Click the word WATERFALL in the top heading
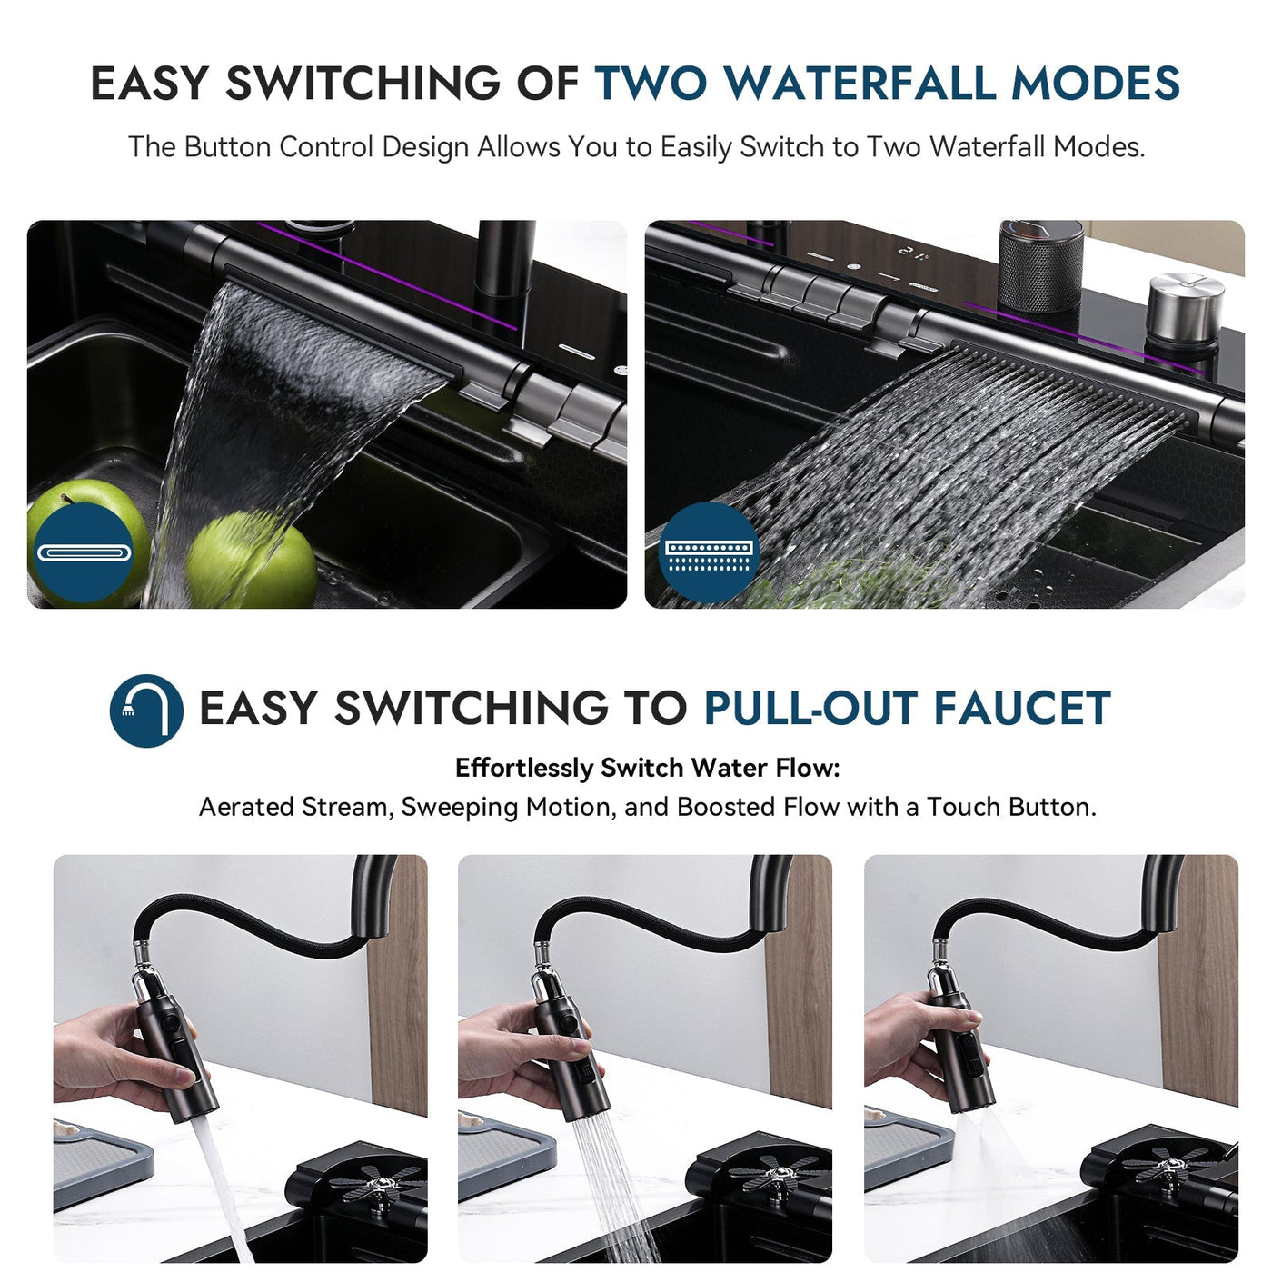click(x=859, y=84)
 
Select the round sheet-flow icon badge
click(x=84, y=553)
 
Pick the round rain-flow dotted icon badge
click(x=709, y=553)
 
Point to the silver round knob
click(x=1185, y=309)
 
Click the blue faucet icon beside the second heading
click(x=146, y=710)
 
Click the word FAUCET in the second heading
click(x=1022, y=709)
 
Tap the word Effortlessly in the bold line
click(x=523, y=768)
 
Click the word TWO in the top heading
click(x=651, y=84)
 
